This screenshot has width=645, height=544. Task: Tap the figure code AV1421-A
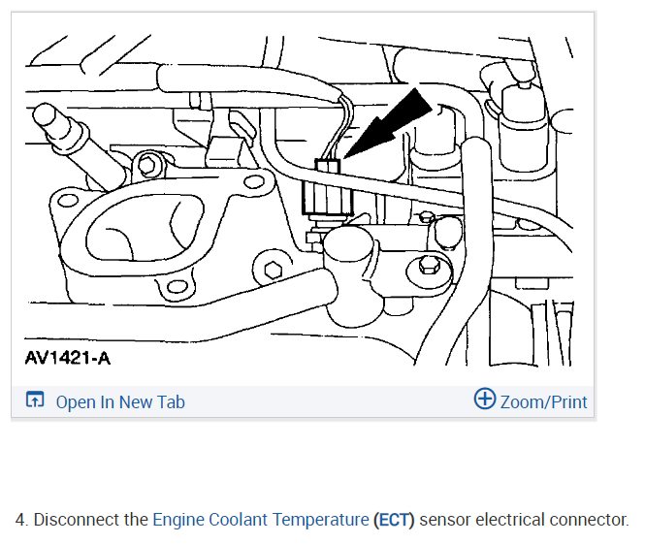[x=67, y=359]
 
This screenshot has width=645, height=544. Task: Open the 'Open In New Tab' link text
[x=120, y=401]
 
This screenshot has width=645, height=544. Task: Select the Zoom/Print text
[x=543, y=401]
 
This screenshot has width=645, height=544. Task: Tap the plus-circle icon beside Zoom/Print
[x=484, y=400]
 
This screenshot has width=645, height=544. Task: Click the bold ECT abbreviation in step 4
[x=394, y=520]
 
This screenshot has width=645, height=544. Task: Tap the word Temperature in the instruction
[x=319, y=520]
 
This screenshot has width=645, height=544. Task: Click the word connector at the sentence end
[x=592, y=520]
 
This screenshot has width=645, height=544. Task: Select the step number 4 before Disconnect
[x=20, y=520]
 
